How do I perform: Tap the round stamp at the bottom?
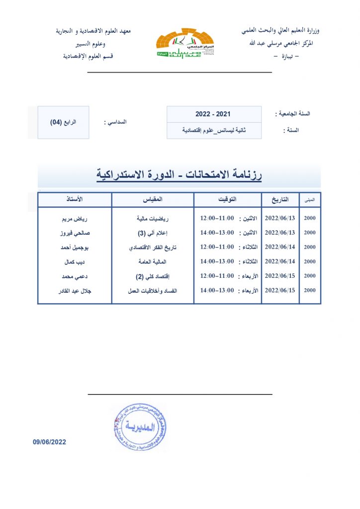(x=139, y=427)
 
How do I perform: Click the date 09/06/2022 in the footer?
(x=50, y=441)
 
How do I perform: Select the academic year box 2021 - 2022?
(x=214, y=114)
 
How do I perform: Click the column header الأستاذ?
(x=75, y=199)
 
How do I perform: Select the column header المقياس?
(x=152, y=199)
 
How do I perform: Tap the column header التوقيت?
(x=227, y=199)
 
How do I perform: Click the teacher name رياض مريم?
(x=75, y=218)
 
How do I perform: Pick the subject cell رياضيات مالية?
(x=153, y=218)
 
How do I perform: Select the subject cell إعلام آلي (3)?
(x=153, y=233)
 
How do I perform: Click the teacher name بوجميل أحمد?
(x=75, y=247)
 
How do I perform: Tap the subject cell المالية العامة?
(x=153, y=261)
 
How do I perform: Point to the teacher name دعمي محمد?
(x=75, y=276)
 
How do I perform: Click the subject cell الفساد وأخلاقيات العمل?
(x=153, y=290)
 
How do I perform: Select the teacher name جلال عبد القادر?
(x=75, y=290)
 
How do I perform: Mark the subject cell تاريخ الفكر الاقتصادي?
(x=153, y=247)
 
